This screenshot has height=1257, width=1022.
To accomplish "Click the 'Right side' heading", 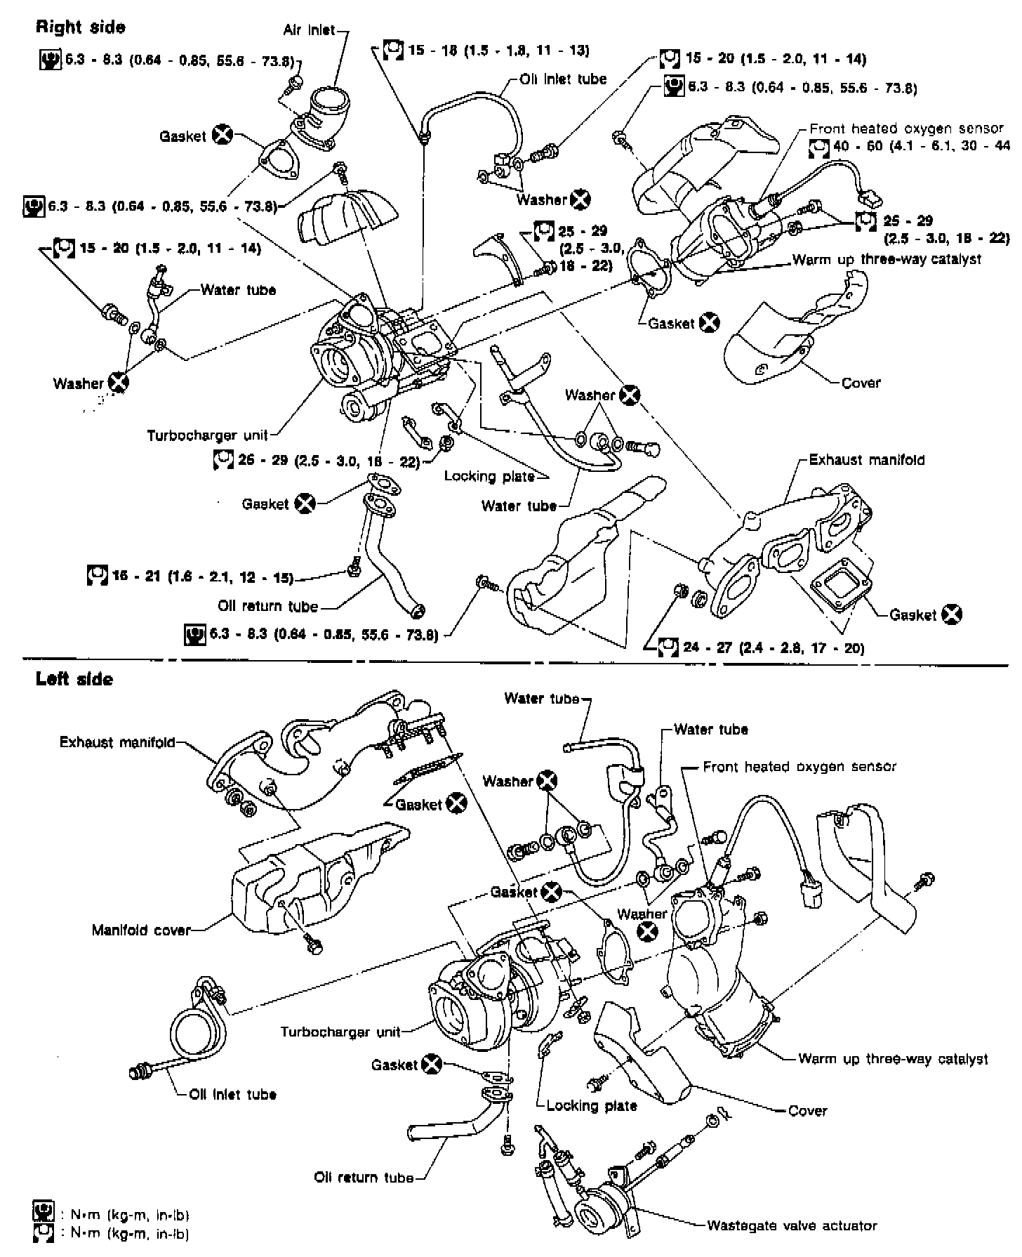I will coord(80,27).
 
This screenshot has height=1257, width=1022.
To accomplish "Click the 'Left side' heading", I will coord(74,679).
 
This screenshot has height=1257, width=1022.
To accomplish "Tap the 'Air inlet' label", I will coord(309,30).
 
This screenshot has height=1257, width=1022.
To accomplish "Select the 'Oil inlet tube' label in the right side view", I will coord(563,79).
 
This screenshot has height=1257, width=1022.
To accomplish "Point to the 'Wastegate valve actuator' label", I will coord(792,1225).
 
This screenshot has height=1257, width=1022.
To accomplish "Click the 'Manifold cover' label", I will coord(141,930).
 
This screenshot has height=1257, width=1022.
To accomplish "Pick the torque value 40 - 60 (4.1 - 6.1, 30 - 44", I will coord(920,147).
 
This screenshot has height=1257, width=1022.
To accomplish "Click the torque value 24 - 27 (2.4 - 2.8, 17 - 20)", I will coord(774,647).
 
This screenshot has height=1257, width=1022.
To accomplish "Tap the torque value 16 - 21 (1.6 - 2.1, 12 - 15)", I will coord(202,577).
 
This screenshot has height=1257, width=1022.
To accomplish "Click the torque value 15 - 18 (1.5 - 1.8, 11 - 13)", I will coord(498,50).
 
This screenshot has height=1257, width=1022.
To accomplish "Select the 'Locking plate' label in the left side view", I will coord(591,1106).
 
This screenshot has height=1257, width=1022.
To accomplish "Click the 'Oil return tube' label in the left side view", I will coord(364,1178).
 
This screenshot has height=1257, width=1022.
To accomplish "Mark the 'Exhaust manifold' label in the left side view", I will coord(117,742).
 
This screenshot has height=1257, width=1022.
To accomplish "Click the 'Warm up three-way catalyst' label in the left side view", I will coord(893,1059).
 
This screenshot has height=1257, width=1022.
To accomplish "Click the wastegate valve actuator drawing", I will coord(599,1212).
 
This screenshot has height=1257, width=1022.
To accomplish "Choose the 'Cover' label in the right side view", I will coord(861,383).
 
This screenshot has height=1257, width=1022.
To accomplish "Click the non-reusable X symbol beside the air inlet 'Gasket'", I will coord(223,136).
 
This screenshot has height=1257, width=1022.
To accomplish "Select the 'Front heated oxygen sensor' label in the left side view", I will coord(799,767).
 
